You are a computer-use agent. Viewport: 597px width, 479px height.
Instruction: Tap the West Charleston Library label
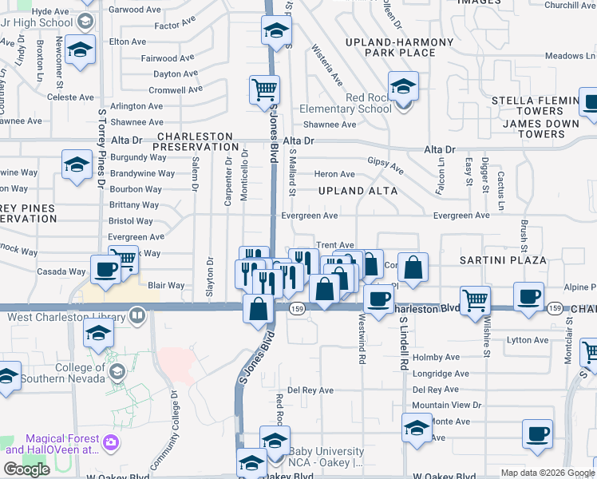pyautogui.click(x=68, y=317)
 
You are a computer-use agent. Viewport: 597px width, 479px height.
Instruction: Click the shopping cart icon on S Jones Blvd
pyautogui.click(x=264, y=89)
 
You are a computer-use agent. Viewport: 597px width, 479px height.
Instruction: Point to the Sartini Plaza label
pyautogui.click(x=503, y=261)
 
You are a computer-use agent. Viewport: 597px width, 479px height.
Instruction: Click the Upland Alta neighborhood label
pyautogui.click(x=358, y=192)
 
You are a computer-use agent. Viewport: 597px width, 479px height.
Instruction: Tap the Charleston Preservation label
pyautogui.click(x=196, y=141)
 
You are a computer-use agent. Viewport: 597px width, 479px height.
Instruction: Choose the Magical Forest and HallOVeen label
pyautogui.click(x=62, y=445)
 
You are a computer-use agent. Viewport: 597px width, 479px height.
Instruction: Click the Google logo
pyautogui.click(x=26, y=469)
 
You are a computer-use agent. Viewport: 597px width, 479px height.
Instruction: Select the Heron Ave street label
pyautogui.click(x=335, y=174)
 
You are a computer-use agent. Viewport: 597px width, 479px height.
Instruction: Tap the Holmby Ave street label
pyautogui.click(x=433, y=358)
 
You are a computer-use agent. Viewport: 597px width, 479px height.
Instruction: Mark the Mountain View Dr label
pyautogui.click(x=447, y=406)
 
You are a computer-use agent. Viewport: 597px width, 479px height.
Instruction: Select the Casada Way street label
pyautogui.click(x=65, y=271)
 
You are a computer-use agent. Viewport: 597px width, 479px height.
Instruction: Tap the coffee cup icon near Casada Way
pyautogui.click(x=105, y=269)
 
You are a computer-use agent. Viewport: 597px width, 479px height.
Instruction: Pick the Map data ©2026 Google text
pyautogui.click(x=547, y=473)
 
